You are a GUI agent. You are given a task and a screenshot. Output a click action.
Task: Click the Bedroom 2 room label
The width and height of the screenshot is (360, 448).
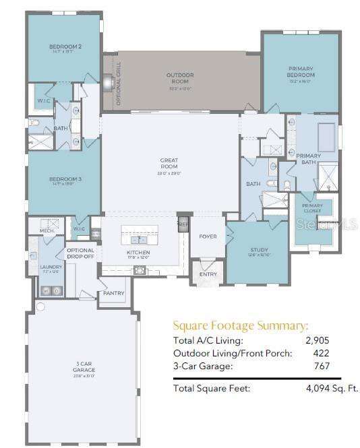[65, 47]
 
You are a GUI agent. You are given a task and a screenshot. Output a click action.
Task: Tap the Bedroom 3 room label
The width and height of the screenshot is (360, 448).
[65, 179]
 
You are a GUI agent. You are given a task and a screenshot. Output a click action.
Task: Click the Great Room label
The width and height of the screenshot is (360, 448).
[169, 160]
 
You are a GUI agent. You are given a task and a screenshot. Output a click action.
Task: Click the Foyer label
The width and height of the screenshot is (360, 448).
[207, 236]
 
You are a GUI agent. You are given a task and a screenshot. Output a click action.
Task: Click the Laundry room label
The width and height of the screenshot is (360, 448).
[51, 267]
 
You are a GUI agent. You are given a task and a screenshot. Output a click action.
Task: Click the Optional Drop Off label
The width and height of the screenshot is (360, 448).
[81, 253]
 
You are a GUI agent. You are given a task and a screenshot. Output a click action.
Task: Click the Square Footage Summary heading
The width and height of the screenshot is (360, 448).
[241, 325]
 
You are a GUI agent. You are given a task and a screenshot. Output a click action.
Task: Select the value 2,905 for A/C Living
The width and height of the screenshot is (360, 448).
[318, 340]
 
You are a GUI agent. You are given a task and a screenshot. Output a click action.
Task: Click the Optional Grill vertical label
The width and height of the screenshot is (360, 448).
[119, 84]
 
